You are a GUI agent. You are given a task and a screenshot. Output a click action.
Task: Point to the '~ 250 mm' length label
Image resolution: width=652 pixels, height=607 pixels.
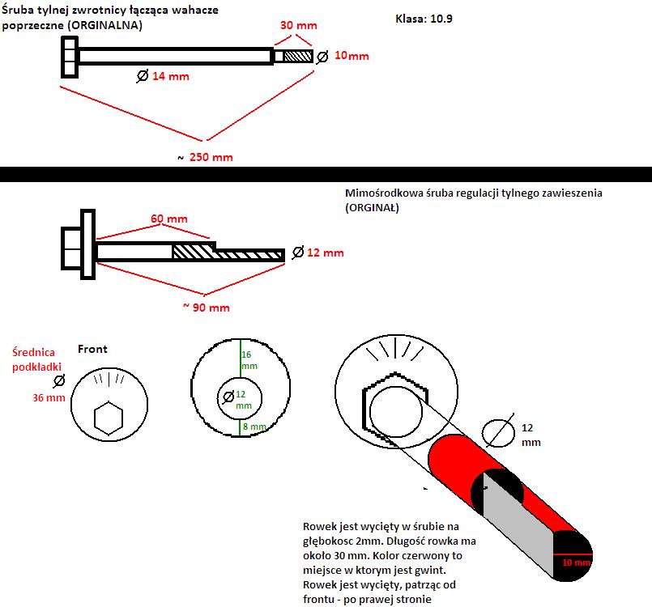(x=205, y=157)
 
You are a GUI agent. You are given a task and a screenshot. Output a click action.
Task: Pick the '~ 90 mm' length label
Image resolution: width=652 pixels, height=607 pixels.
(x=206, y=308)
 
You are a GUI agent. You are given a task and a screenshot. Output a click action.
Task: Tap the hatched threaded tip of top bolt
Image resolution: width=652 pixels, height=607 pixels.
(x=296, y=57)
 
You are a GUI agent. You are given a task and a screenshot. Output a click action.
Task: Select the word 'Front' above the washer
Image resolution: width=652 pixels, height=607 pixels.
(x=92, y=350)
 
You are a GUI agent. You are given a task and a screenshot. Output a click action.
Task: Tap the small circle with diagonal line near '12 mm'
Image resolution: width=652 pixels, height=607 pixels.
(x=497, y=432)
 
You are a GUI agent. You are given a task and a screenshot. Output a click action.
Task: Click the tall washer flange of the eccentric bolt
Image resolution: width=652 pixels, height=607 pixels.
(x=87, y=244)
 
